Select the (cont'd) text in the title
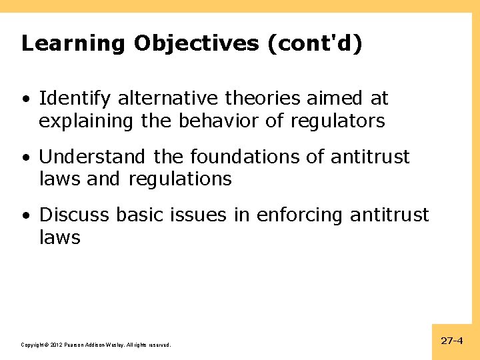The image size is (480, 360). click(315, 43)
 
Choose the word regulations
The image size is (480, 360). click(180, 179)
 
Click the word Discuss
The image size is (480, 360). click(75, 215)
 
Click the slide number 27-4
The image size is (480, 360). click(452, 341)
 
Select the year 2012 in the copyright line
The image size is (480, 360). click(55, 345)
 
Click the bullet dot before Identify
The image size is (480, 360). click(25, 100)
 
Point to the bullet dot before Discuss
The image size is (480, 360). click(25, 216)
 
